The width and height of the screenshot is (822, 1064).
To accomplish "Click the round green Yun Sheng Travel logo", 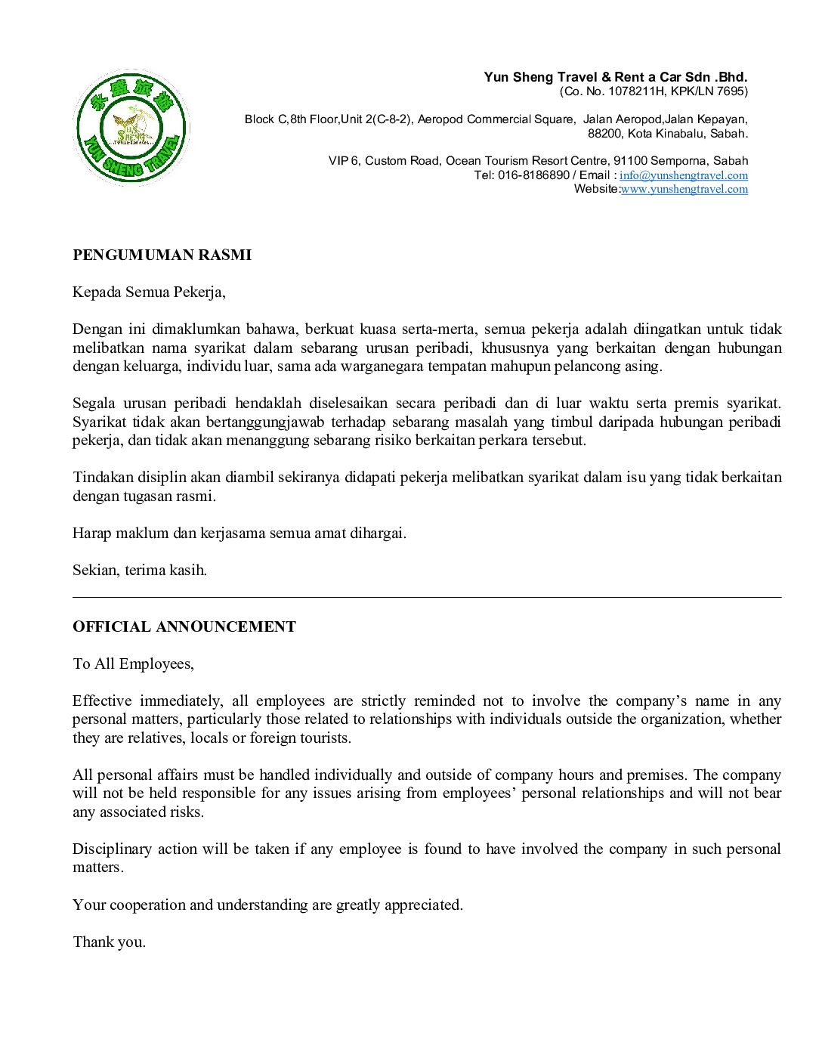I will [x=131, y=128].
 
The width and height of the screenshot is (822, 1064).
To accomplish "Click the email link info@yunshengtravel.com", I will [x=684, y=175].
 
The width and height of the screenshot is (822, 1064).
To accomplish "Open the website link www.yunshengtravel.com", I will [x=684, y=189].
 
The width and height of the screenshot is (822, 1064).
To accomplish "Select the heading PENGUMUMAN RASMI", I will [x=162, y=255].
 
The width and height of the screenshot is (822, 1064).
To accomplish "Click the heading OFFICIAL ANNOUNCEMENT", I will [x=184, y=626].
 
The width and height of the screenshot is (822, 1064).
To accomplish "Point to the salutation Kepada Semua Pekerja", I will [x=149, y=292].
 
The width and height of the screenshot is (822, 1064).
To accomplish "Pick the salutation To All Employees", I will [x=133, y=663].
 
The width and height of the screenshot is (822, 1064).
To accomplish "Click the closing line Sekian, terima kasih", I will [x=140, y=570].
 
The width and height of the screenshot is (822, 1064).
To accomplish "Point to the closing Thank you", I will [x=109, y=942].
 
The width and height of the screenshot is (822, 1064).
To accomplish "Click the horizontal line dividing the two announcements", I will [x=427, y=597].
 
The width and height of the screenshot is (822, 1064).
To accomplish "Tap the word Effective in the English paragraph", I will [x=102, y=701].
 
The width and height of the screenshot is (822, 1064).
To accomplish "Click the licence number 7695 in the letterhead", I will [x=731, y=91].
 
